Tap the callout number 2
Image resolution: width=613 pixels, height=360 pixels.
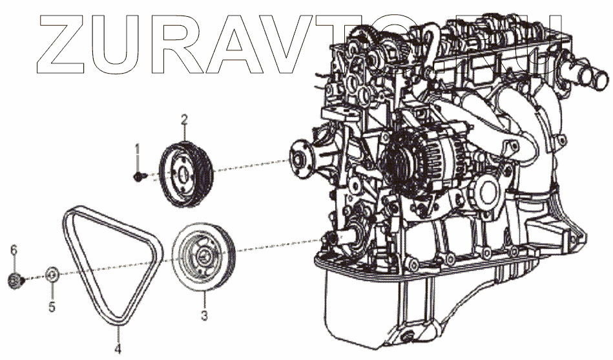[x=184, y=120]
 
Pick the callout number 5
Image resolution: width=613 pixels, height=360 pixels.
[x=52, y=307]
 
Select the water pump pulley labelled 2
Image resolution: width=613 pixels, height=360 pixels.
[x=185, y=173]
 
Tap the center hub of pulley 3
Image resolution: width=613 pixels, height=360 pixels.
[x=203, y=255]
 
